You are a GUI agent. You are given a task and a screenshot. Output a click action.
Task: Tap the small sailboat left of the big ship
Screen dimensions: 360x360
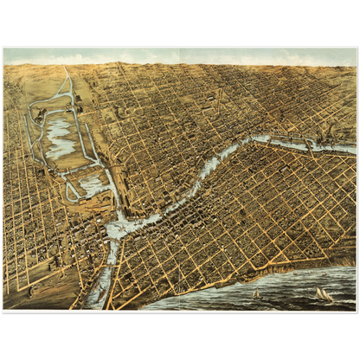pos(255,293)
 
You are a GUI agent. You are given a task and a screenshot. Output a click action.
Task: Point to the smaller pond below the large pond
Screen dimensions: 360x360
pos(92,184)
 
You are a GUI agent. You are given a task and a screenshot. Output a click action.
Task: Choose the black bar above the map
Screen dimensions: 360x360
pos(180,22)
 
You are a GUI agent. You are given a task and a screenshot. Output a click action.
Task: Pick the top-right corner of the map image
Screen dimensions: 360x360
pos(356,48)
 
